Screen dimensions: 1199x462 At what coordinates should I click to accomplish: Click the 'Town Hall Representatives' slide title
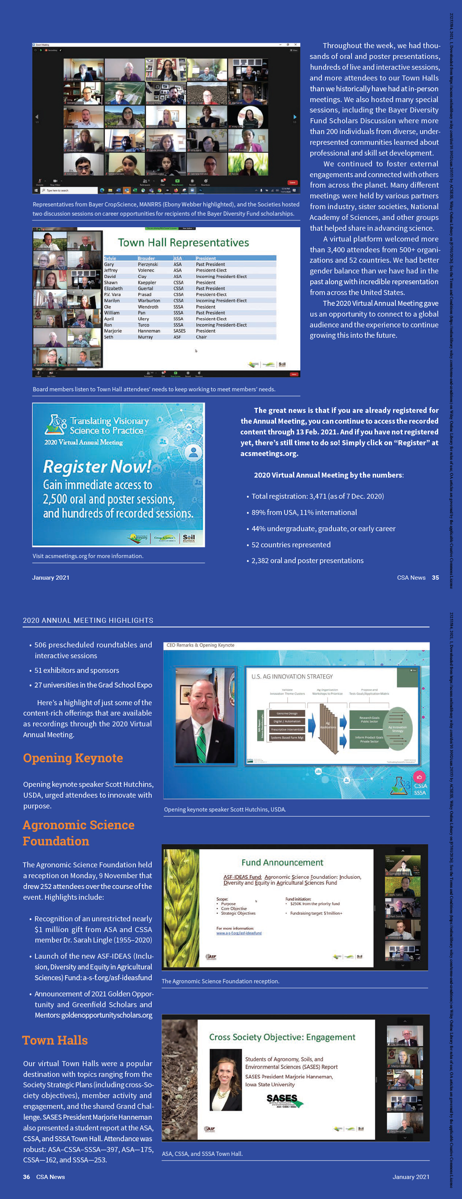[x=183, y=243]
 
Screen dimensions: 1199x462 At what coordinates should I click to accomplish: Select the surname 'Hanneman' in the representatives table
[x=149, y=331]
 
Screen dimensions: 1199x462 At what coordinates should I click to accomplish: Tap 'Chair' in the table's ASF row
[x=201, y=337]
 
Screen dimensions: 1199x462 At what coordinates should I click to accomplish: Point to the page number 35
[x=435, y=578]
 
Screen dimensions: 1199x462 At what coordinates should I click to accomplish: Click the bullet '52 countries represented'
[x=291, y=545]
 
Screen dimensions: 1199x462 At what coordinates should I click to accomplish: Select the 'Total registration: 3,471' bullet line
[x=317, y=496]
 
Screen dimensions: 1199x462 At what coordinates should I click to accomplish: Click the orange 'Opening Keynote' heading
[x=73, y=758]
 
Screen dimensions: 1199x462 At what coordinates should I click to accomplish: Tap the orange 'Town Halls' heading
[x=55, y=1041]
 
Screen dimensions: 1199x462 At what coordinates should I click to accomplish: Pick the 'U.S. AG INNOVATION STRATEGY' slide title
[x=292, y=676]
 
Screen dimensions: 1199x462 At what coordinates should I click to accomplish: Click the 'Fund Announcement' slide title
[x=282, y=862]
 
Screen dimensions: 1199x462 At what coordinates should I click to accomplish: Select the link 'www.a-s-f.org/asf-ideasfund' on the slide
[x=239, y=933]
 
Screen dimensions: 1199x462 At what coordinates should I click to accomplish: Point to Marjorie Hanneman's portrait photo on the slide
[x=226, y=1079]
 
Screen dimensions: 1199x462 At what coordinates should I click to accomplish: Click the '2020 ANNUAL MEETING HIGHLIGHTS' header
[x=88, y=620]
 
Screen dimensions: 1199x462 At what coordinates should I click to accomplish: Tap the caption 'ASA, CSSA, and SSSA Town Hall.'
[x=202, y=1154]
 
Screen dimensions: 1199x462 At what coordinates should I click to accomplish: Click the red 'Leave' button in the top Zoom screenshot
[x=292, y=183]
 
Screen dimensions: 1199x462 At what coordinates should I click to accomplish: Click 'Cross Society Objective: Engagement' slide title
[x=282, y=1037]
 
